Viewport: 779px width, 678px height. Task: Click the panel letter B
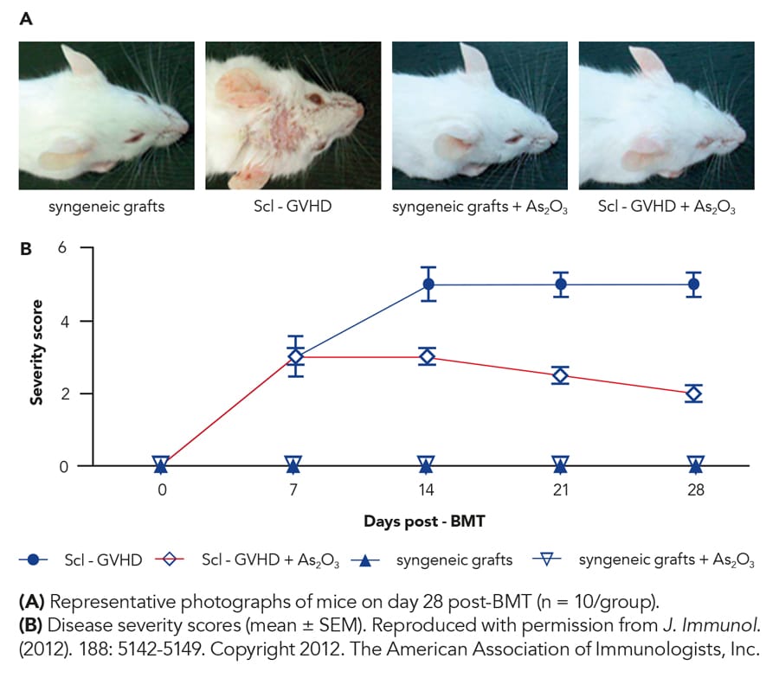pos(26,249)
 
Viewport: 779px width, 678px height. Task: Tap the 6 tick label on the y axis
pos(62,248)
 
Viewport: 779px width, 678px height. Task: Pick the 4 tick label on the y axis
pos(62,321)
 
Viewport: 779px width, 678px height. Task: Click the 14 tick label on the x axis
pos(428,490)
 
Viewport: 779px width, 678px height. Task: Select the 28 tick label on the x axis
pos(695,490)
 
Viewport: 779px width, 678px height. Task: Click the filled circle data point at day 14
pos(428,285)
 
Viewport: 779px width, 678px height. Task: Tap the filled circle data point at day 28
pos(695,284)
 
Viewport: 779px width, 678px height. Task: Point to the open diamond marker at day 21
pos(561,375)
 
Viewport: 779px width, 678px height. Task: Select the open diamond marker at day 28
pos(695,393)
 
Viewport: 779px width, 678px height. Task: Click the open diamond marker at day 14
pos(428,356)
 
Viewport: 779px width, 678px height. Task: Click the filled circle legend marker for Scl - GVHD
pos(34,560)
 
